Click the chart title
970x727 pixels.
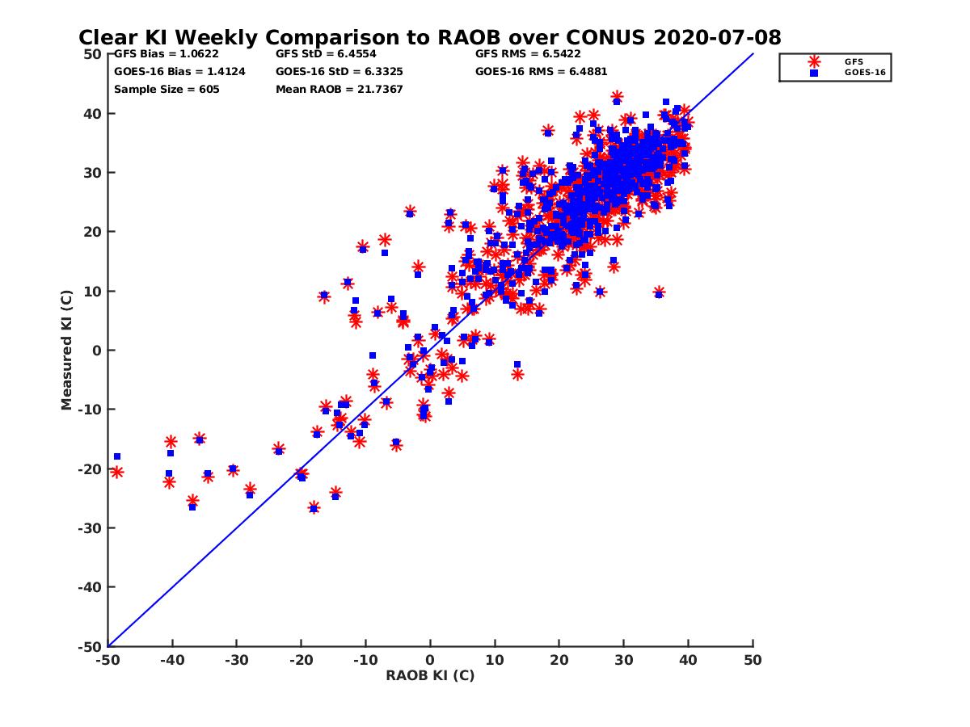[429, 38]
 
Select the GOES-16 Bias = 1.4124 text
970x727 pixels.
[179, 71]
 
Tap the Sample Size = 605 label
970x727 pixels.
[167, 89]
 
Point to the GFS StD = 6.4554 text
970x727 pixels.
[327, 54]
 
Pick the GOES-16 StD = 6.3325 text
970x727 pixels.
[340, 71]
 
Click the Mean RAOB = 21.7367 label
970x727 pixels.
[339, 89]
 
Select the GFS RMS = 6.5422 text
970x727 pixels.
[528, 54]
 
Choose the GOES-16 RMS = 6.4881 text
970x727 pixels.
[541, 71]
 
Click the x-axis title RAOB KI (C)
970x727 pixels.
[430, 675]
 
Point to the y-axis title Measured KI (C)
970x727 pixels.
[67, 351]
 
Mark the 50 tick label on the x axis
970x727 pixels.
[753, 660]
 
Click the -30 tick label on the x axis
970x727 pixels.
[236, 660]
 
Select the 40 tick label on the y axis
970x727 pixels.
[93, 114]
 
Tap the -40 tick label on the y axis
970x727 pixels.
[90, 587]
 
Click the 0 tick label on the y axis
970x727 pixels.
[97, 351]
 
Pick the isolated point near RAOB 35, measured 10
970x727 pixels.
[659, 292]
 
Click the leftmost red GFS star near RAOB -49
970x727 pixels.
[117, 472]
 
